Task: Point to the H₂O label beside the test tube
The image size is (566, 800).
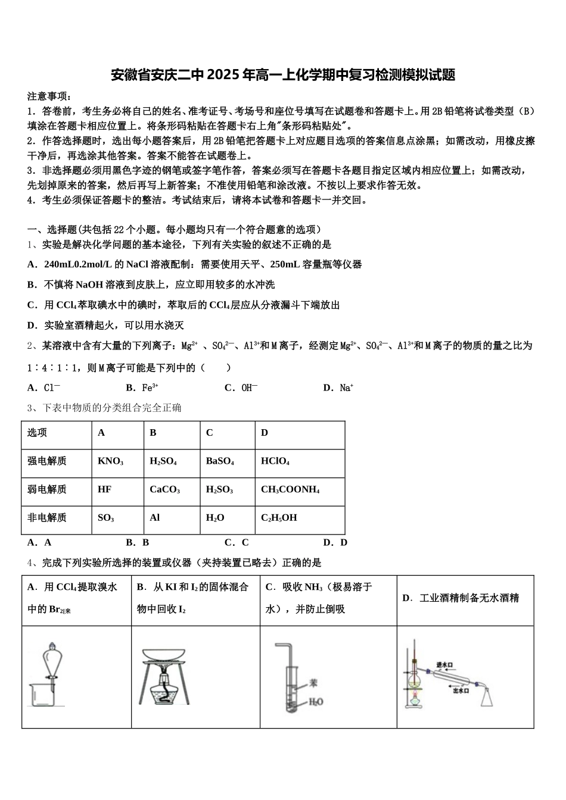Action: [x=316, y=702]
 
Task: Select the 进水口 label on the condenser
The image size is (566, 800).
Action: [x=445, y=664]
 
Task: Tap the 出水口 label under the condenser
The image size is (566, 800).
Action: [x=461, y=690]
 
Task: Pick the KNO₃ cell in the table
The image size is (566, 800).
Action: [x=111, y=461]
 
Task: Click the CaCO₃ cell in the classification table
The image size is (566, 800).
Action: [x=164, y=489]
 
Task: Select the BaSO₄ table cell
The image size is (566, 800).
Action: [x=220, y=461]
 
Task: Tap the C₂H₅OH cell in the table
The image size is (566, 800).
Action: [x=279, y=517]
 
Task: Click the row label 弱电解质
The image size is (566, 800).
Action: [x=47, y=489]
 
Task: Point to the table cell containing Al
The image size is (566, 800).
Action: [x=155, y=517]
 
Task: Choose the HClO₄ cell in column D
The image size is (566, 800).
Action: [x=275, y=461]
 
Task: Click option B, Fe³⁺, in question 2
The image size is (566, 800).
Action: [x=142, y=387]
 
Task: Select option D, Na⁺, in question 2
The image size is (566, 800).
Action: [x=338, y=387]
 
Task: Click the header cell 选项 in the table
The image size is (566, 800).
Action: [x=37, y=433]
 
